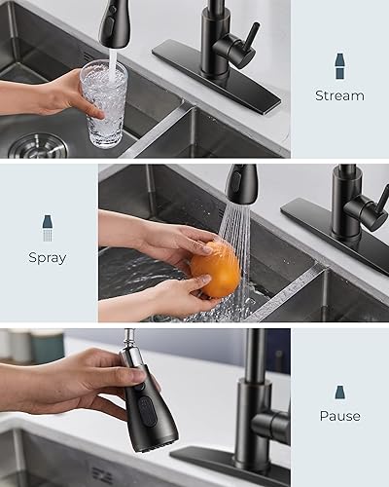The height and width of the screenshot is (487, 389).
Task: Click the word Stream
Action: point(339,95)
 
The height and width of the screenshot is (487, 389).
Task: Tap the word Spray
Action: point(48,258)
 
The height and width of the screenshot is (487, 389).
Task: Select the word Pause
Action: point(339,416)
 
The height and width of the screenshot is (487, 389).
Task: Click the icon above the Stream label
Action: point(339,66)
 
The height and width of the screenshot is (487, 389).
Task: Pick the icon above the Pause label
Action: point(339,392)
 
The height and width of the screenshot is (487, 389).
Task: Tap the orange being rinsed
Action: point(214,270)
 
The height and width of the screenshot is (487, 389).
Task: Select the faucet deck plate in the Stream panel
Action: point(216,74)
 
